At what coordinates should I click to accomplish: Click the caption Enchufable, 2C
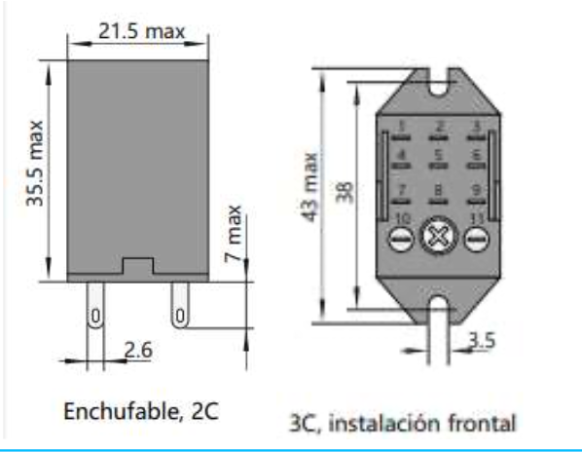[x=141, y=410]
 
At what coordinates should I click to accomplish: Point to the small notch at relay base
[x=137, y=264]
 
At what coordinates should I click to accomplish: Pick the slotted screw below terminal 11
[x=475, y=239]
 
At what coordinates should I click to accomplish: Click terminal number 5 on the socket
[x=438, y=154]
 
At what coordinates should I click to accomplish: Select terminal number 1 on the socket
[x=401, y=126]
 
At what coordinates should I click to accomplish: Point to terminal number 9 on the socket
[x=476, y=189]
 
